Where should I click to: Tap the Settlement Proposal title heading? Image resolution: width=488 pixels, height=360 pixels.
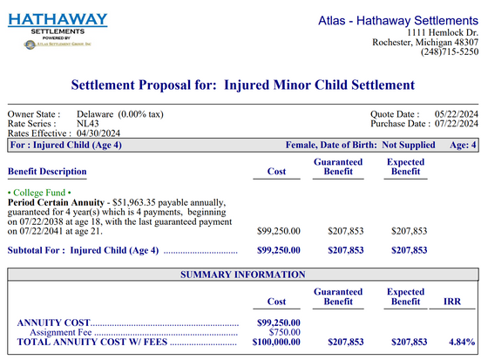(243, 85)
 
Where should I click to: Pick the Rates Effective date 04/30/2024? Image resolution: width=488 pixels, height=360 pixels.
(105, 133)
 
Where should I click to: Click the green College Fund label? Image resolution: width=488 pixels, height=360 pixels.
(39, 192)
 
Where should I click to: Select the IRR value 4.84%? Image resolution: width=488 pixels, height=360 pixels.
(462, 343)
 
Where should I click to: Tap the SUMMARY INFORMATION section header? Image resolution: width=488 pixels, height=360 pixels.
(242, 275)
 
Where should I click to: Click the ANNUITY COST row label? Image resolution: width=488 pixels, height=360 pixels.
(53, 323)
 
